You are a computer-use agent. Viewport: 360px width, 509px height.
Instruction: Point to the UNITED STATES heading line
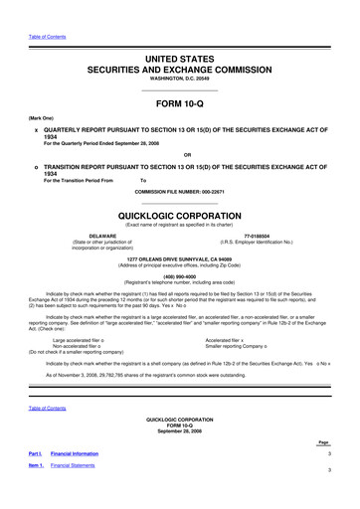tap(180, 34)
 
